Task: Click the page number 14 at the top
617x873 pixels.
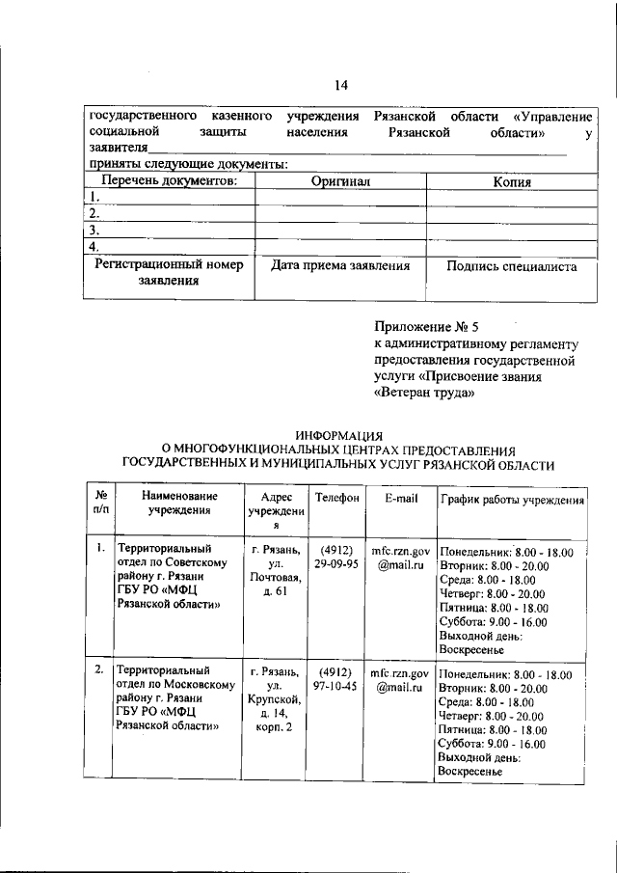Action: click(341, 86)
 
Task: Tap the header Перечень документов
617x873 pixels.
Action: click(169, 180)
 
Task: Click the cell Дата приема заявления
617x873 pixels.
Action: click(340, 265)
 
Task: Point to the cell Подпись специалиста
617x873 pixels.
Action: click(512, 265)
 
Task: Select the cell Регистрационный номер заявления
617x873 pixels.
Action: click(169, 273)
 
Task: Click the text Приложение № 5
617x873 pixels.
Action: click(425, 327)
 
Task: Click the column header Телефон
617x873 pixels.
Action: click(336, 498)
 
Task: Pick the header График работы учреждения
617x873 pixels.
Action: click(511, 499)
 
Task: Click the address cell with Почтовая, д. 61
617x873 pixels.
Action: click(276, 571)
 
